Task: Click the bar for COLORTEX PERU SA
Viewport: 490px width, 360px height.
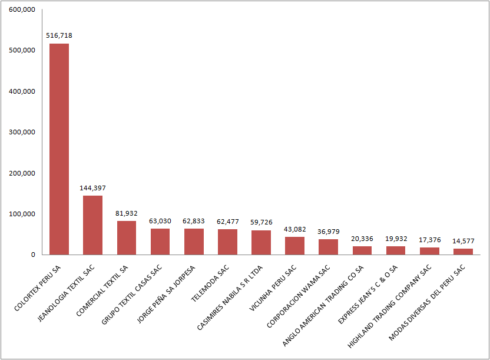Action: point(59,149)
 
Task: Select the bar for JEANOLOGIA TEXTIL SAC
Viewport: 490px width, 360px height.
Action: point(92,225)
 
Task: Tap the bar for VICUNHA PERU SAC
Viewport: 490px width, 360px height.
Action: point(294,246)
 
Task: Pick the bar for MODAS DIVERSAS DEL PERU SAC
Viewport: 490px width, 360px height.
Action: point(463,252)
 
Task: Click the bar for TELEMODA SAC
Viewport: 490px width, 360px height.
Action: point(227,242)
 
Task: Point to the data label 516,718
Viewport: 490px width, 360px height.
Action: point(59,36)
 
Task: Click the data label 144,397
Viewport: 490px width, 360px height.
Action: point(92,188)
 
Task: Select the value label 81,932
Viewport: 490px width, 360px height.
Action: point(127,213)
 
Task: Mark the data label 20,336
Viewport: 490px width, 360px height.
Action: point(362,239)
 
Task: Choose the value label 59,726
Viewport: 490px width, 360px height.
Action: point(261,222)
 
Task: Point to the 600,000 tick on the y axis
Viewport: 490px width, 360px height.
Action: point(22,10)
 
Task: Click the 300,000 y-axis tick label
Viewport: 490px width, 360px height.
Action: point(22,133)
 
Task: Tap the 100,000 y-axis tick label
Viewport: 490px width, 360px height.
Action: point(22,214)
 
